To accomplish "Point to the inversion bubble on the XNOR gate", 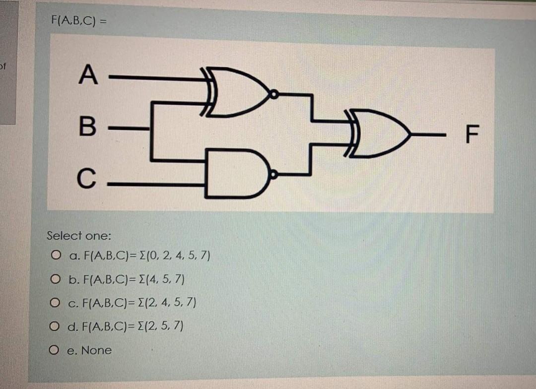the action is coord(272,93).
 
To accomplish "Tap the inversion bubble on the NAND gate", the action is coord(272,174).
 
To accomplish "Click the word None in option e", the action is coord(96,350).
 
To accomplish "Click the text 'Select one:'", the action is coord(79,236).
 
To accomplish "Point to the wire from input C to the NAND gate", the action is coord(154,184).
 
